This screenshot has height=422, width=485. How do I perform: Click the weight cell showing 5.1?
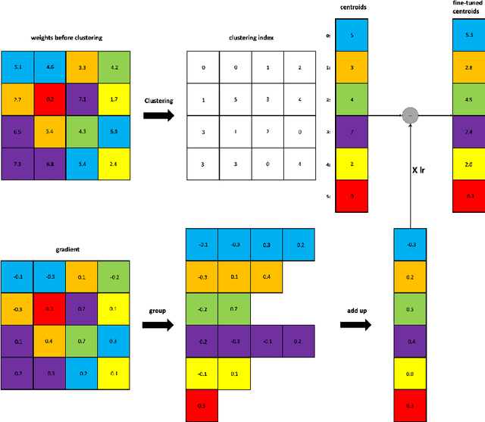(x=17, y=67)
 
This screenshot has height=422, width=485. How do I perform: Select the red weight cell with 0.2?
(x=50, y=98)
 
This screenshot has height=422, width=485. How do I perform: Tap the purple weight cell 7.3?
(x=17, y=164)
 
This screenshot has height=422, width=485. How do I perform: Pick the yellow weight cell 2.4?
(x=114, y=164)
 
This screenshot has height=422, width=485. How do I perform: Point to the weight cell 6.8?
(x=50, y=164)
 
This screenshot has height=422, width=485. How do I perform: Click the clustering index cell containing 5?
(x=236, y=99)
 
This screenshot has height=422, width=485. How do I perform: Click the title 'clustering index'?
(x=251, y=38)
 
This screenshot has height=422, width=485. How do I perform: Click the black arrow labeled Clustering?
(x=158, y=115)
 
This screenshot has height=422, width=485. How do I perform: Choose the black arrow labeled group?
(x=158, y=324)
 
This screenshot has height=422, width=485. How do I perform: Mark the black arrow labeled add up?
(x=354, y=324)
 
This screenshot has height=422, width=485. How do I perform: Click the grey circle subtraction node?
(x=410, y=115)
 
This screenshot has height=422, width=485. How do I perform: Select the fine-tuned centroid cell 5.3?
(x=468, y=35)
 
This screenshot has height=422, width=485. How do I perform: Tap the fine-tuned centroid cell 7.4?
(x=468, y=132)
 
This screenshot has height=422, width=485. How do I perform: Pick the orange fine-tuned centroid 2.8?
(x=468, y=67)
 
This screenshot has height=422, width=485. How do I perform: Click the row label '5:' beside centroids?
(x=327, y=196)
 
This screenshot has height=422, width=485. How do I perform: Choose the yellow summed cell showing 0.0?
(x=410, y=373)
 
